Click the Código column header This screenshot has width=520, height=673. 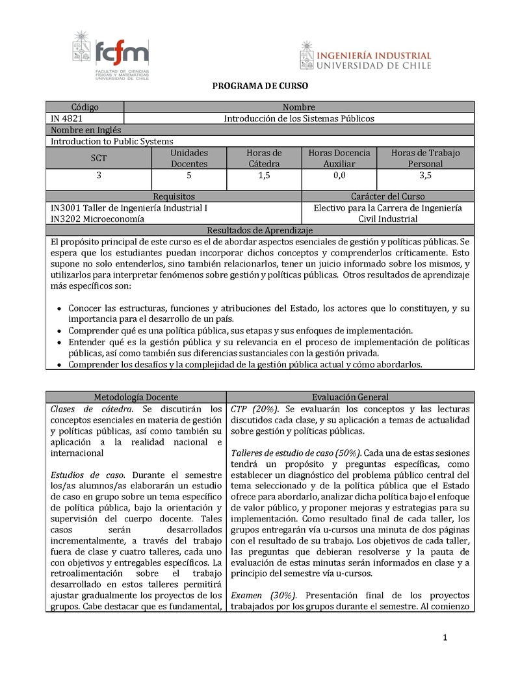(x=84, y=107)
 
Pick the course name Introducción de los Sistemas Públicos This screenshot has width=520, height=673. (x=299, y=118)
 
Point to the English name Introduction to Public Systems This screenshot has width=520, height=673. (x=112, y=141)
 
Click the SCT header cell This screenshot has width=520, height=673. (x=99, y=158)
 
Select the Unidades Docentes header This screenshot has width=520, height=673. (x=189, y=158)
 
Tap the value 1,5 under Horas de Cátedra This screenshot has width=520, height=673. (x=264, y=176)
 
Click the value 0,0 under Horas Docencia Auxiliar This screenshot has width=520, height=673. (x=339, y=176)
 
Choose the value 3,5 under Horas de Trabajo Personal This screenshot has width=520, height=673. (x=425, y=176)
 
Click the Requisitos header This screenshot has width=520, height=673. (x=174, y=196)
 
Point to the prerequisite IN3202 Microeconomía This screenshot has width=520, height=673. (x=97, y=219)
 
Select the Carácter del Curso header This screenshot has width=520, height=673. (x=388, y=196)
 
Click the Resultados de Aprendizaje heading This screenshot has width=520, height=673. (x=260, y=230)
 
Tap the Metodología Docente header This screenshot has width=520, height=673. (x=136, y=397)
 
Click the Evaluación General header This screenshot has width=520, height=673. (x=350, y=397)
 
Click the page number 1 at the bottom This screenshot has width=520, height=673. (x=446, y=638)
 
